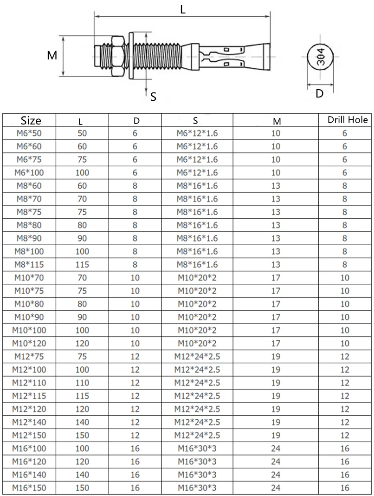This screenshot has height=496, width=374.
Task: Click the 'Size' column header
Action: (31, 121)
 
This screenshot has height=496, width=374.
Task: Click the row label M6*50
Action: (29, 133)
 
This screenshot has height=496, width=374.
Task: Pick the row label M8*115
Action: (29, 265)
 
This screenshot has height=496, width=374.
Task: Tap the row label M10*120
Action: (29, 344)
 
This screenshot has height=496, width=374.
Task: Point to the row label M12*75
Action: (29, 357)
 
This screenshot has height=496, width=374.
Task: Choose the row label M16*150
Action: (29, 488)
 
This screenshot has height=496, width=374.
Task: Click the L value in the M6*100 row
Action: (82, 173)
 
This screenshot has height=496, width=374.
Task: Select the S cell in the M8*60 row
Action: (197, 186)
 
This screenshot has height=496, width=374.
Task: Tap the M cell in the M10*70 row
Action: (276, 278)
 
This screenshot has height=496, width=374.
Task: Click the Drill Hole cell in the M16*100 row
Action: (344, 449)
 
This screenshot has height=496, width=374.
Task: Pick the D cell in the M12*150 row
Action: (135, 436)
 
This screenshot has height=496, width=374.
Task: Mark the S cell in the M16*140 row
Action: (197, 475)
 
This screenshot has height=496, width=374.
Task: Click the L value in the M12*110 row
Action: (82, 383)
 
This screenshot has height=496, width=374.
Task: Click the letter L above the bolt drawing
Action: (183, 9)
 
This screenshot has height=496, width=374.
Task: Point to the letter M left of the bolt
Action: (52, 56)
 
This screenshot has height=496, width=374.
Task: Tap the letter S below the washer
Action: (153, 97)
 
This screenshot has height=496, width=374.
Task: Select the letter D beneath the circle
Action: (319, 94)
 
